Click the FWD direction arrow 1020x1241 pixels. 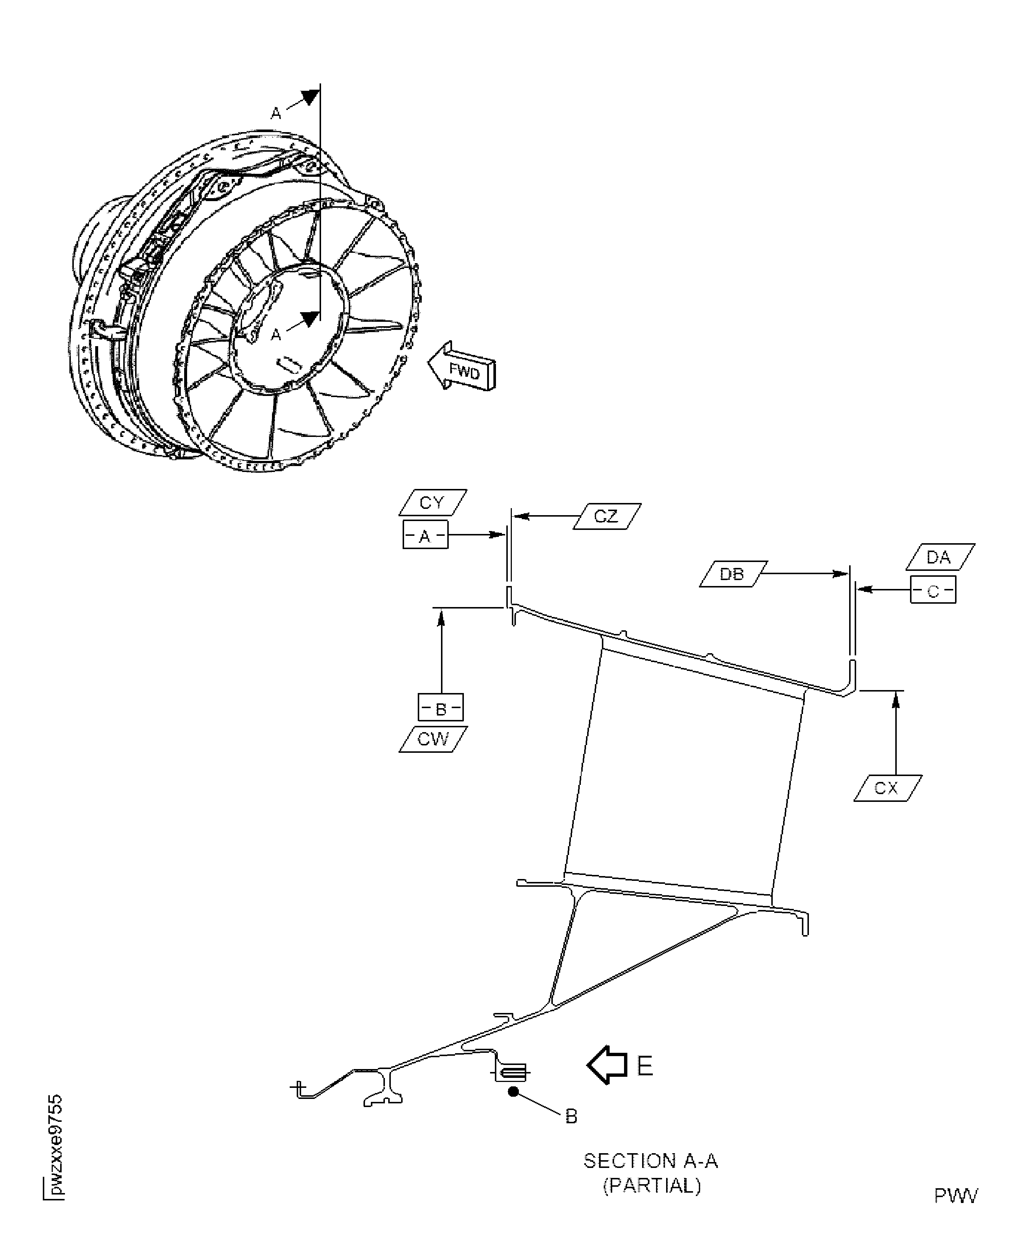click(x=462, y=368)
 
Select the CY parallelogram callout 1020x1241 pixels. click(x=433, y=503)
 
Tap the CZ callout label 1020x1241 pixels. click(x=606, y=517)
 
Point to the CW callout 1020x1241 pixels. click(x=433, y=739)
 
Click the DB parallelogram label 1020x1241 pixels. click(x=733, y=574)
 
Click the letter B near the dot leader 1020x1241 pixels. click(x=571, y=1116)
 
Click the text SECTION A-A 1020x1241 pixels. click(x=651, y=1161)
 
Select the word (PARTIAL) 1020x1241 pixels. click(x=652, y=1185)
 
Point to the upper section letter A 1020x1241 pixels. click(x=276, y=113)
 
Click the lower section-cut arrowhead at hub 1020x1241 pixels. click(x=310, y=319)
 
